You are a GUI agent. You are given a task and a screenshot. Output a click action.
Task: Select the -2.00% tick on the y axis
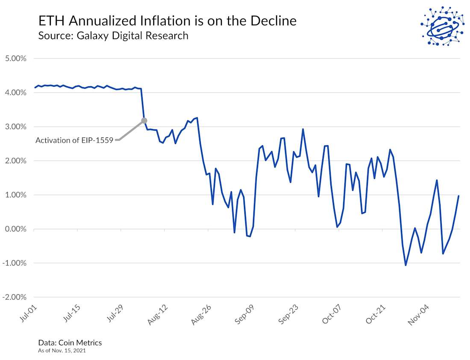pos(15,297)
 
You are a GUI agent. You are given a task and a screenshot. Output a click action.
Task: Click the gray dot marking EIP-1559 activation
pos(144,121)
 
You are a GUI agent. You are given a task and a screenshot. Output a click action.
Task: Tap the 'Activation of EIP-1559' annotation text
pos(74,140)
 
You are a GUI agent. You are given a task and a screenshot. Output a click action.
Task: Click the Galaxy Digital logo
pos(442,25)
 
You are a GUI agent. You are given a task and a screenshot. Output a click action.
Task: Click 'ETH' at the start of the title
pos(49,20)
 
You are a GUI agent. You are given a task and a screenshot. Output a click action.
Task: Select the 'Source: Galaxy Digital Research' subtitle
pos(113,35)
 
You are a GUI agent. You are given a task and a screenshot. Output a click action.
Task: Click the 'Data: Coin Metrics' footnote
pos(70,342)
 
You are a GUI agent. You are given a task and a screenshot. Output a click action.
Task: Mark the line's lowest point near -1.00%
pos(405,265)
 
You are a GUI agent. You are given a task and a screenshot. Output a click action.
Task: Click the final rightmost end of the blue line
pos(458,196)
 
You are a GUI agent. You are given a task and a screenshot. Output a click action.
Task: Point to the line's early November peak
pos(437,180)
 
